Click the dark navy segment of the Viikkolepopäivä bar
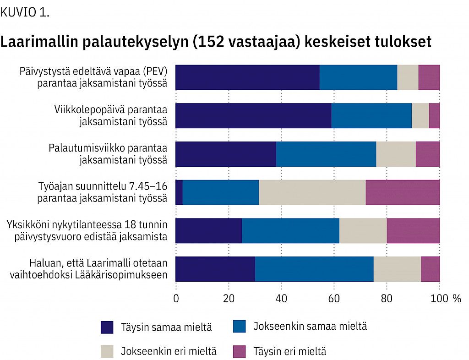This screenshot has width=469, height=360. pyautogui.click(x=253, y=115)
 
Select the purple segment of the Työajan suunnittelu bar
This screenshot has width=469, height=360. pyautogui.click(x=403, y=192)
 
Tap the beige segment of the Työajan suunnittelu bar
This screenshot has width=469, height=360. pyautogui.click(x=312, y=192)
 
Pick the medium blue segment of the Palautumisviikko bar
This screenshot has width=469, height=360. pyautogui.click(x=326, y=154)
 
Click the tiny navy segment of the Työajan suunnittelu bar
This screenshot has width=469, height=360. pyautogui.click(x=179, y=192)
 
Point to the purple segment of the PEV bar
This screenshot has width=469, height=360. pyautogui.click(x=429, y=77)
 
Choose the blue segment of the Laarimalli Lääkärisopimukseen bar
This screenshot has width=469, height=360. pyautogui.click(x=314, y=269)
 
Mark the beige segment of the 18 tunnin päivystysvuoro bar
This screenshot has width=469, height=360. pyautogui.click(x=363, y=230)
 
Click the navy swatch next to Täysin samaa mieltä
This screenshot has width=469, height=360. pyautogui.click(x=107, y=327)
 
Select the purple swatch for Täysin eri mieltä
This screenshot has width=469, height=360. pyautogui.click(x=240, y=351)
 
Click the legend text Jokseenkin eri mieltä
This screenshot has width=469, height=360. pyautogui.click(x=169, y=351)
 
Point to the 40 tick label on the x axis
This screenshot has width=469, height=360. pyautogui.click(x=281, y=299)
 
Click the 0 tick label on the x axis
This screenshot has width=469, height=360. pyautogui.click(x=176, y=299)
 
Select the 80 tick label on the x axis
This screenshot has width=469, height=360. pyautogui.click(x=387, y=299)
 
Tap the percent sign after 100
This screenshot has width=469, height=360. pyautogui.click(x=456, y=299)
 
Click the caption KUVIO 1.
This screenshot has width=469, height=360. pyautogui.click(x=25, y=12)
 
